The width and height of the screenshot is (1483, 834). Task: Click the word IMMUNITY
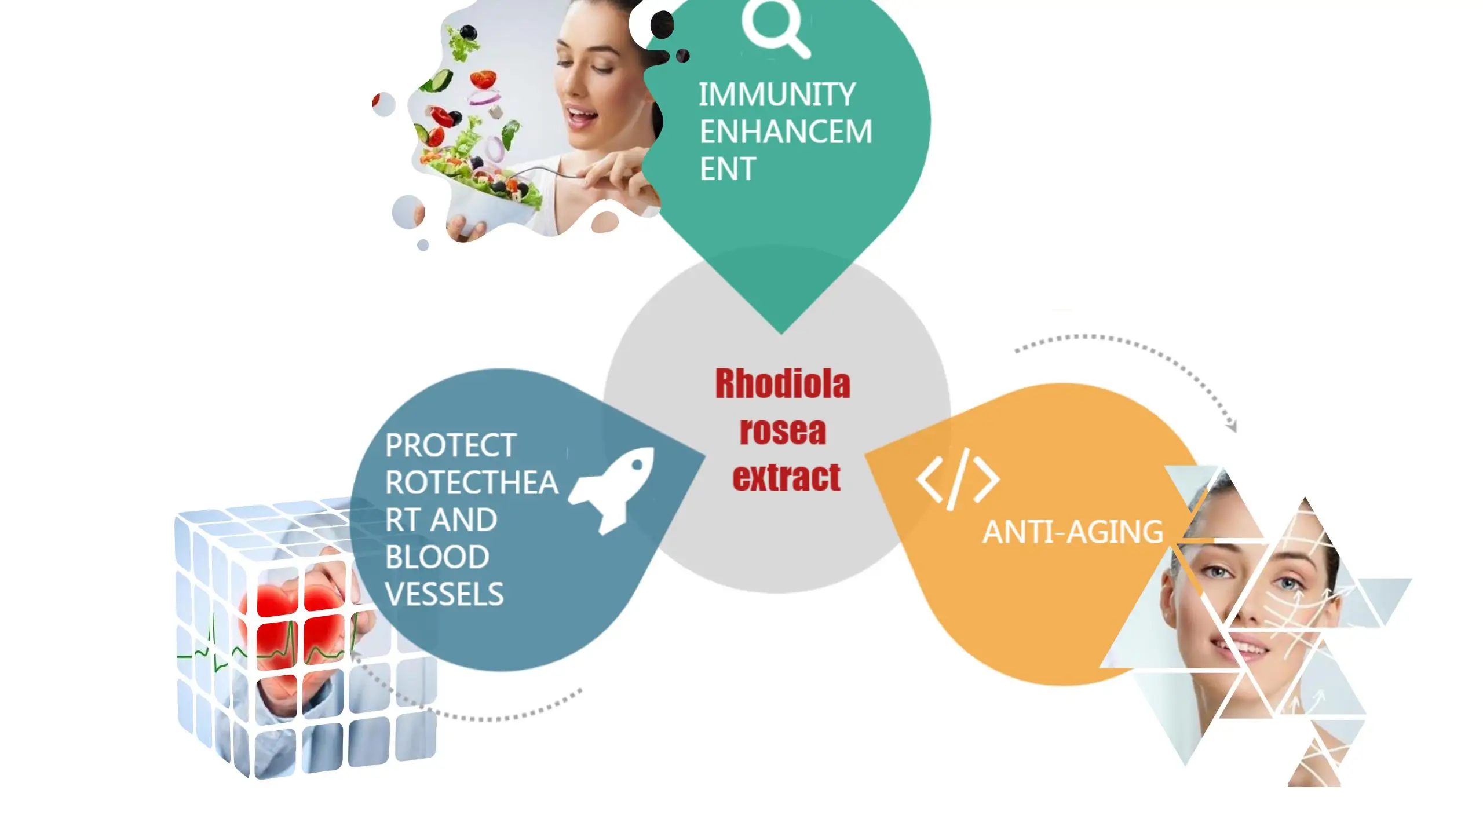[x=776, y=94]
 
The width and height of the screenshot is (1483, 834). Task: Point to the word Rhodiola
[x=783, y=384]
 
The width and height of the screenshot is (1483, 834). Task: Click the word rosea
[x=783, y=431]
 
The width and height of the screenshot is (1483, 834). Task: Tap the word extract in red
[x=786, y=478]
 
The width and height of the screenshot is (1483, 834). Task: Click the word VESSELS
[x=444, y=594]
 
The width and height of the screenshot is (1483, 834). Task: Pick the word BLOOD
[x=437, y=557]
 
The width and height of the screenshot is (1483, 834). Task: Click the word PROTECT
[x=451, y=445]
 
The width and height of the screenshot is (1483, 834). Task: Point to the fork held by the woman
[x=545, y=170]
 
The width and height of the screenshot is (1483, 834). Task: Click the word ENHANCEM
[x=786, y=131]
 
